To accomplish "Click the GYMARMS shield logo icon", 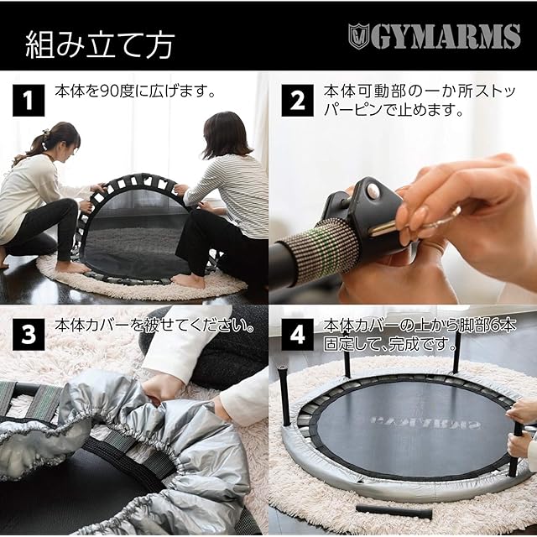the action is [358, 36].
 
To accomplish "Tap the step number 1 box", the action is [29, 101].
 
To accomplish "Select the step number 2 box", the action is [297, 101].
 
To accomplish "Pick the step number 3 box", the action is [29, 335].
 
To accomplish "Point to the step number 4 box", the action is [297, 335].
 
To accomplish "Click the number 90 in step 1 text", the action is [108, 91].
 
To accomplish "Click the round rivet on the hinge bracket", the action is [373, 191].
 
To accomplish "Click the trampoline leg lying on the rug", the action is [394, 512].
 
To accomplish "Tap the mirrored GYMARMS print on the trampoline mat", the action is [424, 421].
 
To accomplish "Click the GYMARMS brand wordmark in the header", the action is [445, 36].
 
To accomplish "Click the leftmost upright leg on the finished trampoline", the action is [285, 396].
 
